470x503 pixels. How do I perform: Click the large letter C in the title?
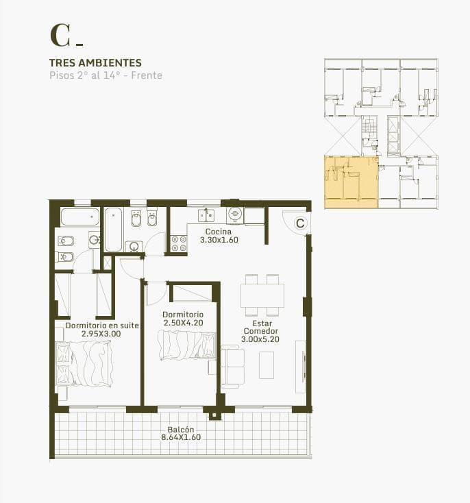tap(60, 35)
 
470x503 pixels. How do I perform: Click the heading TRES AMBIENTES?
tap(95, 62)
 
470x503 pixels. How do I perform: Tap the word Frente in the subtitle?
tap(147, 75)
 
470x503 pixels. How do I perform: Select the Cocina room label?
tap(218, 232)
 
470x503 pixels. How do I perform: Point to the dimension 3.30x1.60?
tap(219, 240)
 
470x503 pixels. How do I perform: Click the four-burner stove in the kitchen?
tap(179, 243)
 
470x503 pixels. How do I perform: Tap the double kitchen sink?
tap(206, 215)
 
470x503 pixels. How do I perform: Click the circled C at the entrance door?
tap(300, 223)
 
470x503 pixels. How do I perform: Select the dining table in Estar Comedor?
tap(262, 295)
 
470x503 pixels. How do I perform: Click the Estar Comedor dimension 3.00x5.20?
tap(260, 339)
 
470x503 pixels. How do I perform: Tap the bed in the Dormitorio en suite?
tap(84, 363)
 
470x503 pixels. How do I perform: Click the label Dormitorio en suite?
tap(102, 326)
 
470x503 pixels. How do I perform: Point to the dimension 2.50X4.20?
tap(184, 323)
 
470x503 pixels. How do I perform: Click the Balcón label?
tap(181, 430)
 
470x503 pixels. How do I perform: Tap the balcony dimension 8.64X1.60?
tap(181, 437)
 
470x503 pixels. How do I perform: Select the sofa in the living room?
tap(232, 367)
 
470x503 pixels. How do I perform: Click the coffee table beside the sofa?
tap(267, 365)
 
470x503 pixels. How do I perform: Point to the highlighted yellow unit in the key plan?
tap(351, 182)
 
